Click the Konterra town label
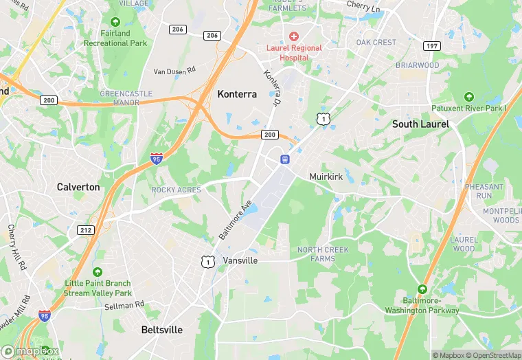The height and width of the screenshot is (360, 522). (237, 94)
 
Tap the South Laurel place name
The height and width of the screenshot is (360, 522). (420, 124)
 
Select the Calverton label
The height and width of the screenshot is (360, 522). (78, 187)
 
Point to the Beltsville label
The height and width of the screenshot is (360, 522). (162, 330)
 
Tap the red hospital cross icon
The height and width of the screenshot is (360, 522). (294, 36)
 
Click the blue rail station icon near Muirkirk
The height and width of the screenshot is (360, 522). (284, 159)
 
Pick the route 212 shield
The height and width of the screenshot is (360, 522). (85, 230)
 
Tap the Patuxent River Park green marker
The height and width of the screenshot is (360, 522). (468, 96)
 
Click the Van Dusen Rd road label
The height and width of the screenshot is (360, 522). (174, 71)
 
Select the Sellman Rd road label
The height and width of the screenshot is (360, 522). (125, 304)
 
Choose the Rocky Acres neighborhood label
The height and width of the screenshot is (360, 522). (177, 190)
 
